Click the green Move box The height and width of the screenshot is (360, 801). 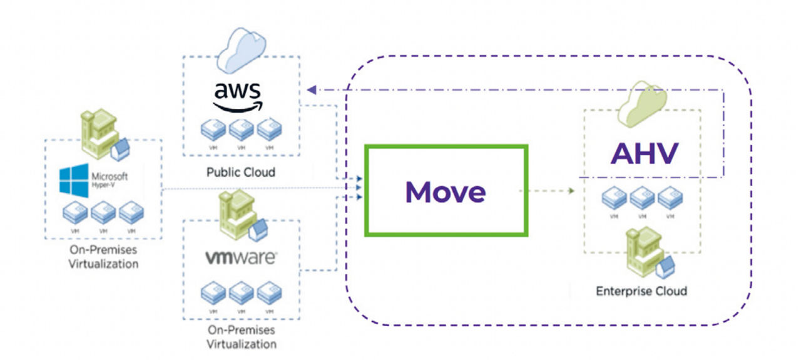click(x=446, y=191)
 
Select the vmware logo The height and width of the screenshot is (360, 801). click(x=242, y=258)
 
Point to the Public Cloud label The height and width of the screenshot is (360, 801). click(x=241, y=172)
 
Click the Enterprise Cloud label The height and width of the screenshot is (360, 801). click(x=641, y=291)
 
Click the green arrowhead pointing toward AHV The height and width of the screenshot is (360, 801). click(x=571, y=190)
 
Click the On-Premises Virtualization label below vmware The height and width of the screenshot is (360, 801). click(x=242, y=337)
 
